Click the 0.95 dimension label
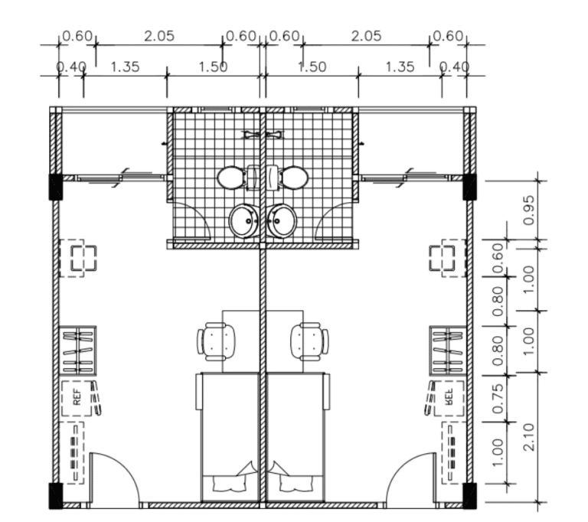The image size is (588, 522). pyautogui.click(x=528, y=210)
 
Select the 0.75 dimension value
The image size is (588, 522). pyautogui.click(x=497, y=399)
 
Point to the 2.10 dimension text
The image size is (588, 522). pyautogui.click(x=528, y=437)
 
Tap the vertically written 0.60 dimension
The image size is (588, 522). pyautogui.click(x=497, y=259)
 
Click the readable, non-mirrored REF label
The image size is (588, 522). pyautogui.click(x=77, y=397)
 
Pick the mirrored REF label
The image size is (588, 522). pyautogui.click(x=449, y=396)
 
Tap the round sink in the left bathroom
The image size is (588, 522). pyautogui.click(x=243, y=221)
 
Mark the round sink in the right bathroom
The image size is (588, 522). pyautogui.click(x=282, y=221)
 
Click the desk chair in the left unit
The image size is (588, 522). pyautogui.click(x=217, y=341)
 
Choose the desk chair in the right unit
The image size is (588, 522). pyautogui.click(x=309, y=341)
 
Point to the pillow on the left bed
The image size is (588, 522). pyautogui.click(x=230, y=484)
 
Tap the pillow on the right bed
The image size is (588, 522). pyautogui.click(x=296, y=484)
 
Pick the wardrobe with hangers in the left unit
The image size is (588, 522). pyautogui.click(x=77, y=351)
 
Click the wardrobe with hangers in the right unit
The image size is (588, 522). pyautogui.click(x=448, y=351)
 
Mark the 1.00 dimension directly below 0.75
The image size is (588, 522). pyautogui.click(x=497, y=452)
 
